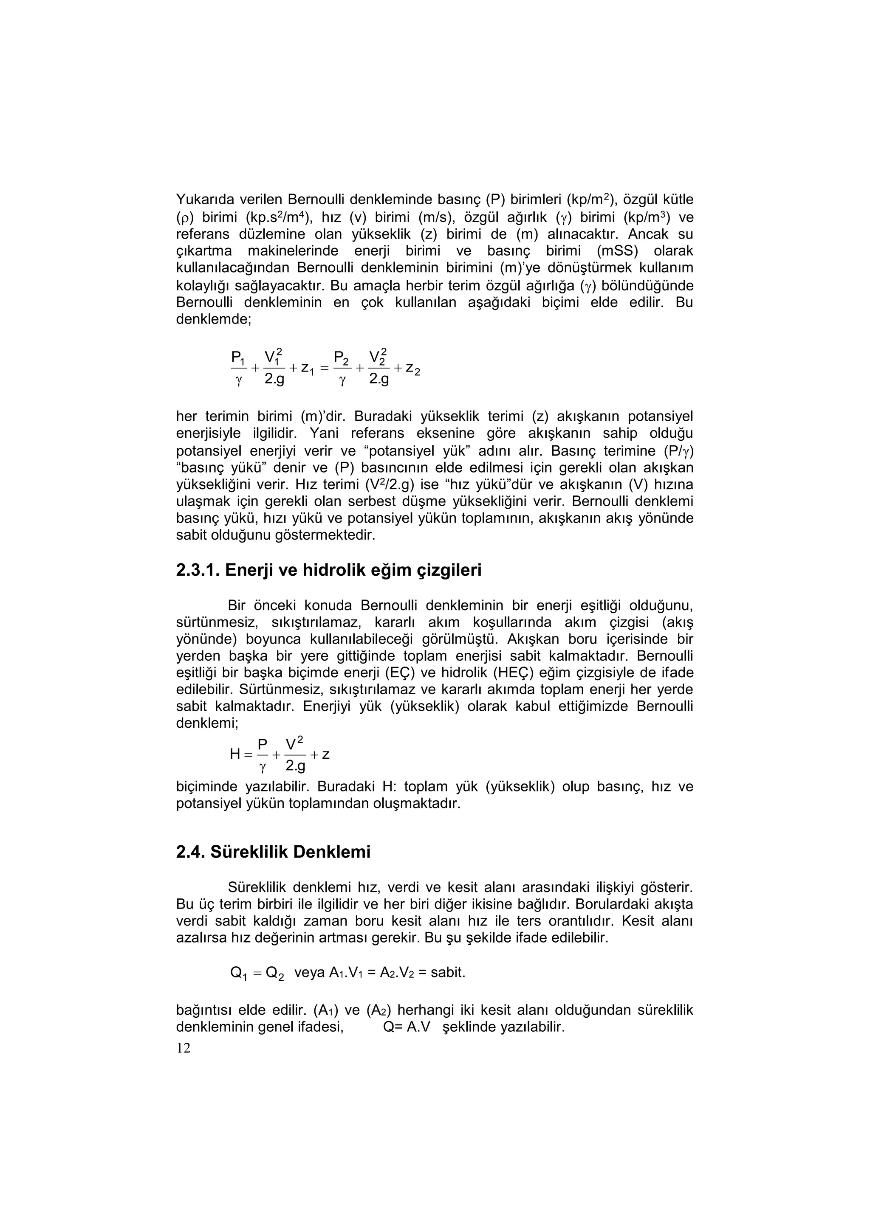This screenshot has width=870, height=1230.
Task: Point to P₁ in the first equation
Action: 237,357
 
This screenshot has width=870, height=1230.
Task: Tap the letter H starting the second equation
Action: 235,754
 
